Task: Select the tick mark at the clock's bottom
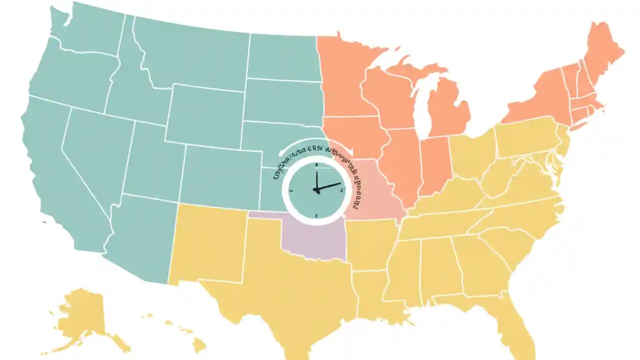pos(316,215)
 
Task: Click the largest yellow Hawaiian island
pos(200,344)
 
